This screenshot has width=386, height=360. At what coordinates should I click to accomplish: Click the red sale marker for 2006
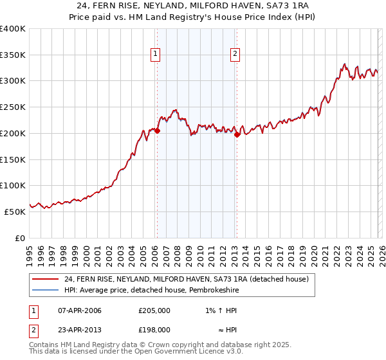pos(157,130)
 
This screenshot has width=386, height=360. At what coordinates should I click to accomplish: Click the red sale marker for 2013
pos(237,134)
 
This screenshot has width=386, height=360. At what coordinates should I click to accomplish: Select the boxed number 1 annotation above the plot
pos(156,55)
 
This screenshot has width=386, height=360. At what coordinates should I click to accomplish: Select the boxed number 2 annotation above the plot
pos(235,55)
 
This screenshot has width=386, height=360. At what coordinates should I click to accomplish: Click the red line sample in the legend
pos(45,279)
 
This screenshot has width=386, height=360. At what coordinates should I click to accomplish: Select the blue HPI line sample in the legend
pos(45,289)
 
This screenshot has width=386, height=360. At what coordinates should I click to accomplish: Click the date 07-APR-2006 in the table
pos(79,311)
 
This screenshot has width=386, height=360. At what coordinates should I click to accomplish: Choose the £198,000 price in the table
pos(154,329)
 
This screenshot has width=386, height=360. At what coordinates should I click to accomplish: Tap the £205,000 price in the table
pos(154,311)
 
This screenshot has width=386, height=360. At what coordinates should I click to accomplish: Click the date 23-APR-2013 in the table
pos(79,329)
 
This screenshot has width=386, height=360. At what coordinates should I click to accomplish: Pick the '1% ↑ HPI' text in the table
pos(220,311)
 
